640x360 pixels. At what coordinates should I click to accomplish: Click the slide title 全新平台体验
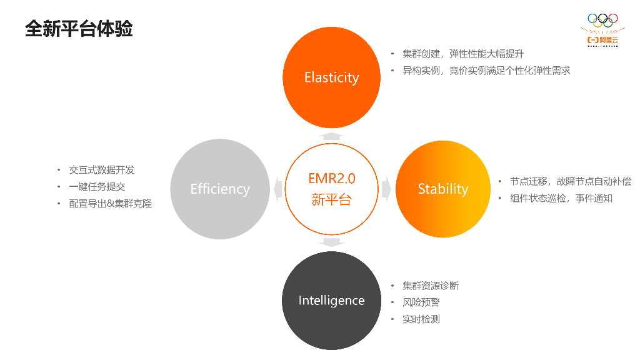(x=79, y=28)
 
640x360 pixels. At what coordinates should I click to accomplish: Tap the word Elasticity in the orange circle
(x=331, y=77)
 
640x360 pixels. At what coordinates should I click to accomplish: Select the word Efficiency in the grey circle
(x=220, y=189)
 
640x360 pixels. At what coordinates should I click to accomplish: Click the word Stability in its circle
(x=442, y=189)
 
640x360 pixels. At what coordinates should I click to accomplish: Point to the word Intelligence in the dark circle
(x=331, y=301)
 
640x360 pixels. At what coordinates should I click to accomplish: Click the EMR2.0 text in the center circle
(x=331, y=178)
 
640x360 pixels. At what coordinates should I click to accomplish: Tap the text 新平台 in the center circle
(x=331, y=200)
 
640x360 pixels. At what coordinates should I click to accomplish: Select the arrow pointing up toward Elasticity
(x=331, y=136)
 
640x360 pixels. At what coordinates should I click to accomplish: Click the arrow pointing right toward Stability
(x=386, y=189)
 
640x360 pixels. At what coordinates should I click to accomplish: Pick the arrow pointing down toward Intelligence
(x=331, y=242)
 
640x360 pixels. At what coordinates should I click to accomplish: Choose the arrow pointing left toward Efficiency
(x=277, y=189)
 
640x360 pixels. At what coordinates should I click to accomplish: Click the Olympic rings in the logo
(x=602, y=21)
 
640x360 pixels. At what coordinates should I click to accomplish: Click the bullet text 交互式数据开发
(x=101, y=170)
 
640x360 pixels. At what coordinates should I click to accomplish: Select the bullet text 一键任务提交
(x=97, y=186)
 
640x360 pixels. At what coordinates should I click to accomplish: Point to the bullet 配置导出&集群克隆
(x=110, y=203)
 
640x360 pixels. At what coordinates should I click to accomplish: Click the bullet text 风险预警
(x=421, y=302)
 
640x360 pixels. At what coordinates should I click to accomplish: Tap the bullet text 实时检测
(x=421, y=319)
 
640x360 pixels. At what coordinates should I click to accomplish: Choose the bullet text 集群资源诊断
(x=430, y=286)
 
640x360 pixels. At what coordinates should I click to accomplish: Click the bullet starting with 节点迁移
(x=570, y=181)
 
